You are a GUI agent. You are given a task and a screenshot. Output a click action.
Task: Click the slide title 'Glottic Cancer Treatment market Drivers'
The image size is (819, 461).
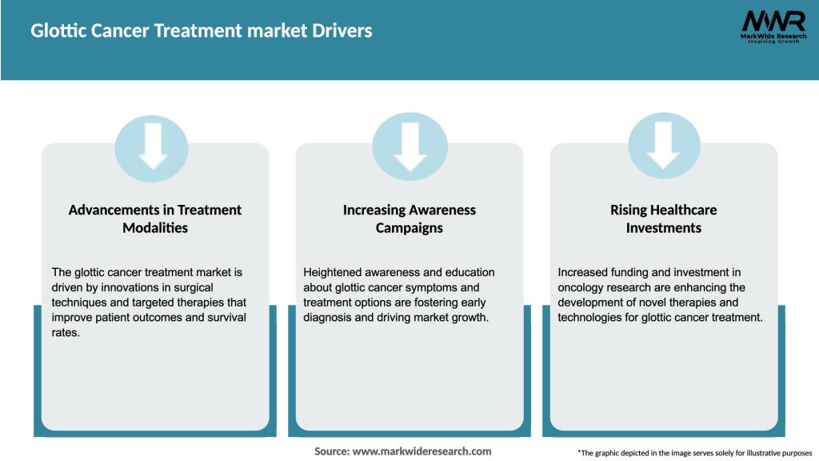click(202, 31)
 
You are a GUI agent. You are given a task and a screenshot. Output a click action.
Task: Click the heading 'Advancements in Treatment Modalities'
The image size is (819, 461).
click(155, 218)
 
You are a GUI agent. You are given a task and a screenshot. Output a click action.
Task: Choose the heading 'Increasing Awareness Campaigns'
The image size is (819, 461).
click(409, 218)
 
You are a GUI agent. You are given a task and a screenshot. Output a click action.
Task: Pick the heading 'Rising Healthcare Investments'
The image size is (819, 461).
click(663, 218)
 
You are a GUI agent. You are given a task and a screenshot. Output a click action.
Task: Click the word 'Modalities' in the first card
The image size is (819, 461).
click(155, 228)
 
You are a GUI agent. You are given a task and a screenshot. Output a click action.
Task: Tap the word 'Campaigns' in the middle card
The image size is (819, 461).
click(409, 228)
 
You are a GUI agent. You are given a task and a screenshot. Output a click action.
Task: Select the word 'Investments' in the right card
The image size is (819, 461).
click(663, 228)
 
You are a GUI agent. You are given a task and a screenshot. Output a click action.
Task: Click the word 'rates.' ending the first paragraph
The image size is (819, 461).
click(66, 333)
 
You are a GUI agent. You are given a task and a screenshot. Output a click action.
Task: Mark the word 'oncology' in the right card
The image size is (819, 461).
click(580, 287)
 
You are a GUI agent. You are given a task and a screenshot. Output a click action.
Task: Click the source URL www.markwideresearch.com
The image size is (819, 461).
click(421, 451)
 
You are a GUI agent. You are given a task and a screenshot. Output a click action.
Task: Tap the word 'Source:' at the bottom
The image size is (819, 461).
click(332, 451)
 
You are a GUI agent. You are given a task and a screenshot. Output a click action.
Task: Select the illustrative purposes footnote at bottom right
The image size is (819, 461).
click(694, 453)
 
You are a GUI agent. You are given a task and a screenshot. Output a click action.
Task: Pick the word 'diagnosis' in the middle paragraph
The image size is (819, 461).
click(329, 318)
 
